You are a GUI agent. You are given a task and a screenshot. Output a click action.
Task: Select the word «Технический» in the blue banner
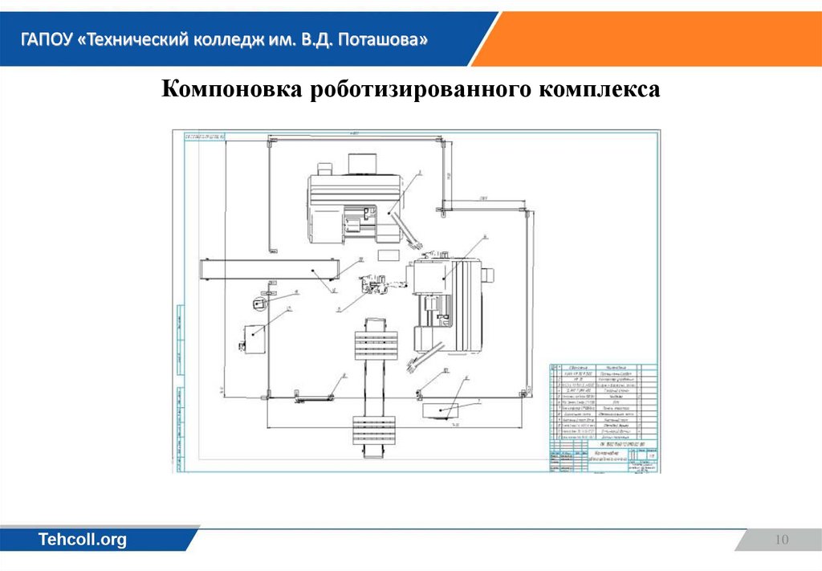(x=136, y=39)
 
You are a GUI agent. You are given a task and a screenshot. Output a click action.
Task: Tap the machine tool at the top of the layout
(x=353, y=205)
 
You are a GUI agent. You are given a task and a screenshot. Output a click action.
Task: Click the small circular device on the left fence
(x=258, y=304)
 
